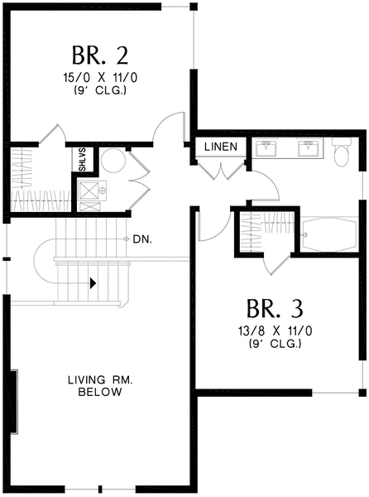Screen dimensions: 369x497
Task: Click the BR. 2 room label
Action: (x=99, y=55)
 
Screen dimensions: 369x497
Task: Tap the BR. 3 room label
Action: (x=275, y=308)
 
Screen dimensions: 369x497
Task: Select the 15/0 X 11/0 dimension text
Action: (x=100, y=78)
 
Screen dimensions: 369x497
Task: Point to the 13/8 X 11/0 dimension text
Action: (x=275, y=331)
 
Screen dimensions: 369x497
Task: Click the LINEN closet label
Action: (x=221, y=147)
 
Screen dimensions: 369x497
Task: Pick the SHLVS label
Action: (x=82, y=160)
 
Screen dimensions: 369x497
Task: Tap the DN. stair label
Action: (x=142, y=239)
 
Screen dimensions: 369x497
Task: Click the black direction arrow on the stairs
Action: (x=93, y=283)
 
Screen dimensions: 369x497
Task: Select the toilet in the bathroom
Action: (x=341, y=151)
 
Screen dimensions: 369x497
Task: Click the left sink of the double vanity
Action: (x=266, y=147)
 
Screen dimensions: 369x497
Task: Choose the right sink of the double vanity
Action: (x=309, y=147)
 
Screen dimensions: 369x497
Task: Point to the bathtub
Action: (x=329, y=234)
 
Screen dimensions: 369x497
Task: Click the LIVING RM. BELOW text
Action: (x=100, y=386)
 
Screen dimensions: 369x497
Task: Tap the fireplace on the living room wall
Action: (x=13, y=401)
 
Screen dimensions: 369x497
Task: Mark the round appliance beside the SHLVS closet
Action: (x=113, y=160)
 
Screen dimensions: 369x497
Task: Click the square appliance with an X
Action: (x=89, y=191)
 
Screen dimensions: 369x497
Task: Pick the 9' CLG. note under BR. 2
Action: (x=100, y=91)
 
